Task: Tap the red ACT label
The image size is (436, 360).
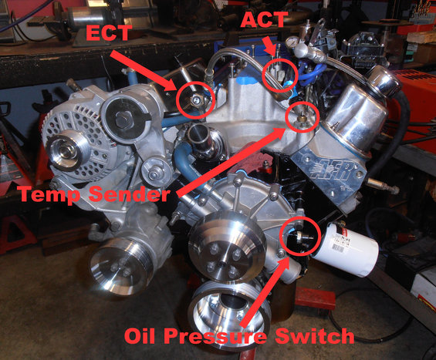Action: pos(263,19)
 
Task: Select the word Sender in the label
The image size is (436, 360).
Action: pos(129,193)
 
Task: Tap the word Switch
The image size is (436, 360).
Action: pos(314,335)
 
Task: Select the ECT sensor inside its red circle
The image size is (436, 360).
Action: pos(196,100)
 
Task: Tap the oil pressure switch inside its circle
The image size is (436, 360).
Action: pos(301,237)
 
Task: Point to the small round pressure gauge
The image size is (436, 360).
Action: pos(292,42)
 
